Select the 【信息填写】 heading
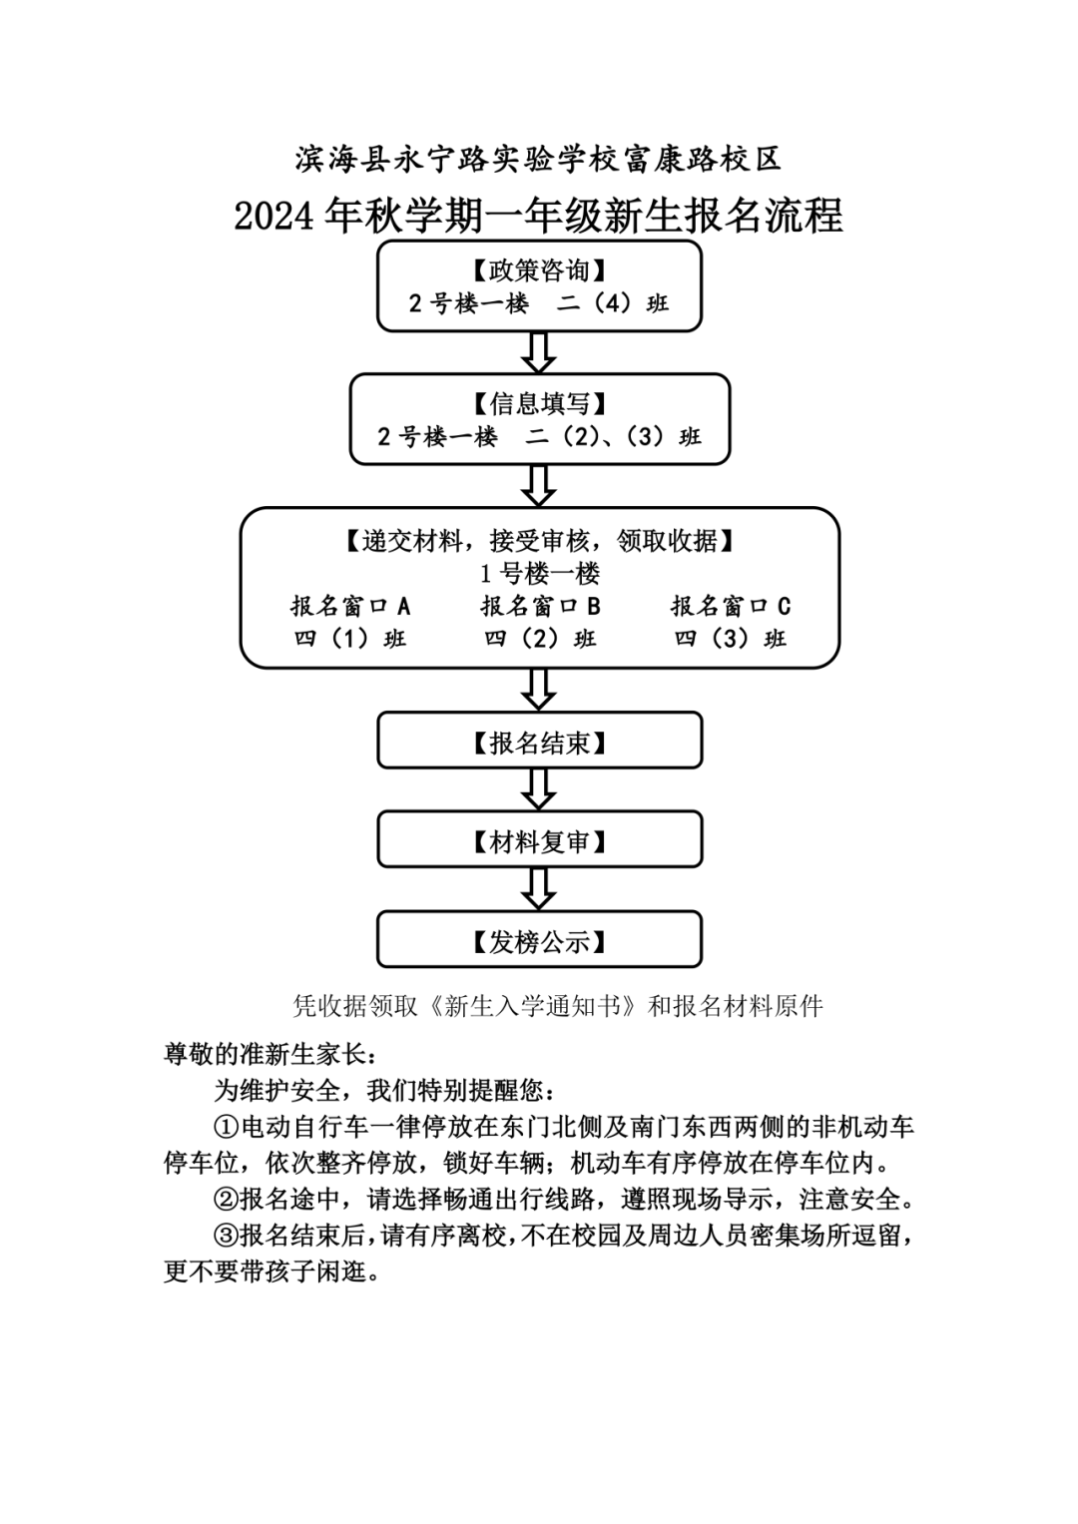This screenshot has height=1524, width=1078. tap(539, 404)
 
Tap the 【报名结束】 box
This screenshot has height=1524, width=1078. tap(539, 743)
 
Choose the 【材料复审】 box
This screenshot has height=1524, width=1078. tap(539, 841)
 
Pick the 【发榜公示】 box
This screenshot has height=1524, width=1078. tap(539, 940)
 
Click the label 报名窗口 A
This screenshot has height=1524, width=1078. tap(350, 606)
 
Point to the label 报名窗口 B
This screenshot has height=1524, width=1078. tap(540, 606)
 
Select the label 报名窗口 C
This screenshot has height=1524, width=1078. tap(730, 606)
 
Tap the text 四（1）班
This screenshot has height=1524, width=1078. tap(350, 639)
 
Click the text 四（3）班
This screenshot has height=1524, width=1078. tap(730, 639)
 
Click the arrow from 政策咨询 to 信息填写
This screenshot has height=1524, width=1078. tap(539, 352)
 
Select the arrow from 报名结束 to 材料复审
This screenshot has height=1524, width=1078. tap(539, 789)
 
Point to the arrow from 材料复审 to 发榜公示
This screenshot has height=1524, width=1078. tap(539, 888)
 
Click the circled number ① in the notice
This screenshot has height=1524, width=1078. tap(227, 1128)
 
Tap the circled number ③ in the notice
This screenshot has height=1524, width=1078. tap(227, 1236)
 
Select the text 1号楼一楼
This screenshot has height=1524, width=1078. tap(539, 574)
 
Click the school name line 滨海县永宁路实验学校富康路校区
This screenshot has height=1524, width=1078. tap(539, 158)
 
